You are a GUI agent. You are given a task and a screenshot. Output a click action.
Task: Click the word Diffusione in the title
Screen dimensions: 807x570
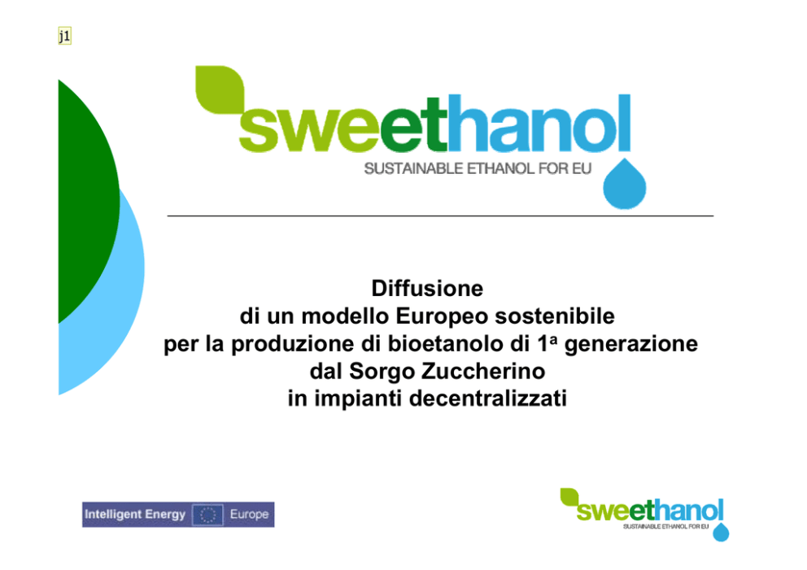tap(427, 289)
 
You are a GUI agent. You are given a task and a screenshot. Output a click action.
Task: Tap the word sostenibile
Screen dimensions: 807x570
tap(555, 316)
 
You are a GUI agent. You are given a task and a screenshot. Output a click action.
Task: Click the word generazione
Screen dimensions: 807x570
tap(631, 345)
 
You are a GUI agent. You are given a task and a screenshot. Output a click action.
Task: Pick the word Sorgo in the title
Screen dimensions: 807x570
tap(382, 372)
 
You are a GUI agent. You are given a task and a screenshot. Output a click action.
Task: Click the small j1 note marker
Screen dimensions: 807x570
tap(65, 36)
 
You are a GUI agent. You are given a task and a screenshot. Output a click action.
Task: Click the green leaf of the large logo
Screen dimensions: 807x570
tap(220, 89)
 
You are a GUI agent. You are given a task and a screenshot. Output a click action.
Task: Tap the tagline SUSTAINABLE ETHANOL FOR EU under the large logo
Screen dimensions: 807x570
tap(478, 169)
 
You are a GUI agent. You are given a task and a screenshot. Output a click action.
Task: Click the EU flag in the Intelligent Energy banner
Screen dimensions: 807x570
tap(208, 515)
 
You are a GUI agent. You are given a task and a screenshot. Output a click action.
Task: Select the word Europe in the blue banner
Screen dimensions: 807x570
tap(249, 515)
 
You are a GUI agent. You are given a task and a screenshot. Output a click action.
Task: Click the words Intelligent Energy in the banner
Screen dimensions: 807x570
tap(135, 515)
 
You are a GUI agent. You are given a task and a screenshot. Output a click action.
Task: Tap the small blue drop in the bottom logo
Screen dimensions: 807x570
tap(721, 533)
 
